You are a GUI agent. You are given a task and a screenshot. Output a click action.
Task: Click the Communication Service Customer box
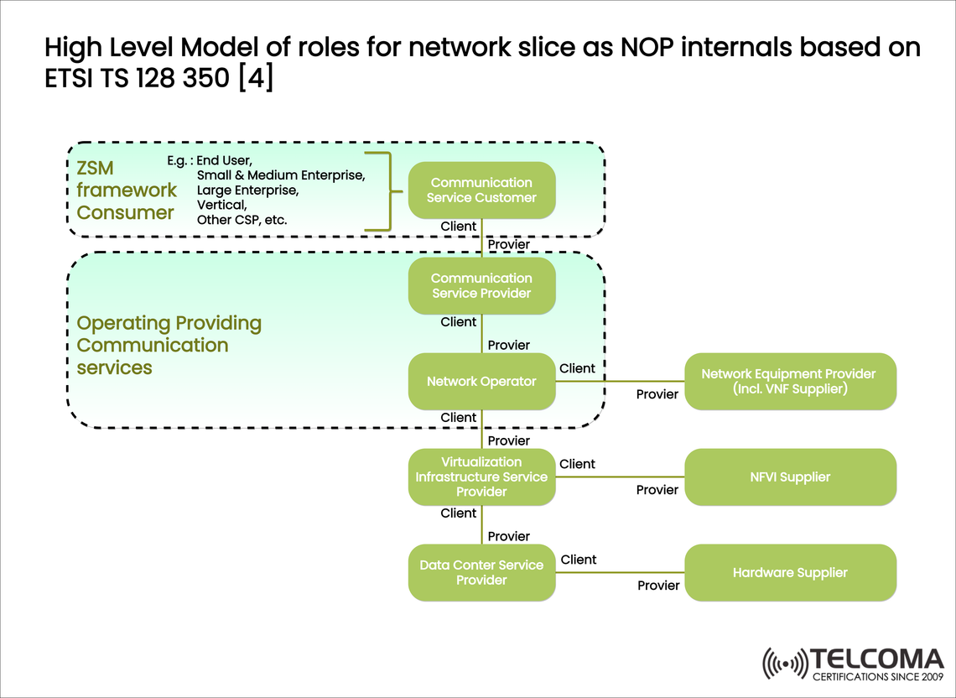(481, 190)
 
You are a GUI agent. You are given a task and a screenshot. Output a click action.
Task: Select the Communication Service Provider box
(481, 286)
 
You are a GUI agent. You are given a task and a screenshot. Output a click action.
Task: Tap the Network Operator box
(481, 382)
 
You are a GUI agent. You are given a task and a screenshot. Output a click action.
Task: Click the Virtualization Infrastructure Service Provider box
(481, 477)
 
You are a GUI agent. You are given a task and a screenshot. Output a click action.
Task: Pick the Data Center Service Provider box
(481, 573)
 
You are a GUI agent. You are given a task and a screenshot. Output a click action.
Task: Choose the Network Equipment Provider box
(790, 382)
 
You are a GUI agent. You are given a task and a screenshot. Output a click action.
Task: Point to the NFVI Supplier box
(790, 477)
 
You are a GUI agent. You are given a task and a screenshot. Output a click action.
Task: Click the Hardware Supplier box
(790, 573)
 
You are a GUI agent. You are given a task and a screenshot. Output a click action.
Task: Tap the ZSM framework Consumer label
(126, 190)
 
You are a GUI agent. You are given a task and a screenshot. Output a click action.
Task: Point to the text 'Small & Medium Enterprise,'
(280, 175)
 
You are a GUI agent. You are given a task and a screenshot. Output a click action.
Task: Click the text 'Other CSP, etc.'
(242, 220)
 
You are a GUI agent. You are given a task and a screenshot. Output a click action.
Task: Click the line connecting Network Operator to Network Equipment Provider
(620, 382)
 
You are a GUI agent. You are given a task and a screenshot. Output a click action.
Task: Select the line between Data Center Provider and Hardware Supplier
(620, 573)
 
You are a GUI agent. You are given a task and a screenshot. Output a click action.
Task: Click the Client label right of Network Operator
(577, 368)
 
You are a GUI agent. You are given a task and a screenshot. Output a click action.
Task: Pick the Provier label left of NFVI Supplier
(657, 490)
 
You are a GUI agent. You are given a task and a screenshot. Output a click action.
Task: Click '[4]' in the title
(256, 80)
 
